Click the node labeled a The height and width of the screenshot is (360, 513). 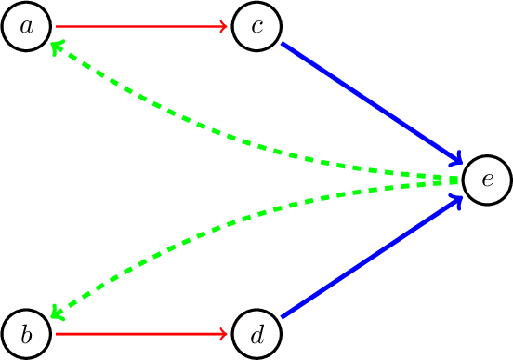tap(27, 27)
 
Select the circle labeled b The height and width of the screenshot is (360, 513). tap(27, 333)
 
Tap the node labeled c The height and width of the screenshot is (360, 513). tap(256, 27)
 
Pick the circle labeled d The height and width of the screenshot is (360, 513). tap(256, 333)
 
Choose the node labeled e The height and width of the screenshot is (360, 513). tap(486, 180)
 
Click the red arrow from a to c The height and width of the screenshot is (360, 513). tap(139, 27)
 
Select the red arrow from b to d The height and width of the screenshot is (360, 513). tap(139, 333)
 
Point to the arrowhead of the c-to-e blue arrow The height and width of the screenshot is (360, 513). tap(456, 159)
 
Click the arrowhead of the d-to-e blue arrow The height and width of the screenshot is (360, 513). tap(456, 200)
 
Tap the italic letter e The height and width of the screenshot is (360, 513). tap(486, 180)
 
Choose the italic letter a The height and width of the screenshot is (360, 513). tap(27, 27)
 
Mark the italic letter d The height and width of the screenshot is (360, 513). tap(256, 333)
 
